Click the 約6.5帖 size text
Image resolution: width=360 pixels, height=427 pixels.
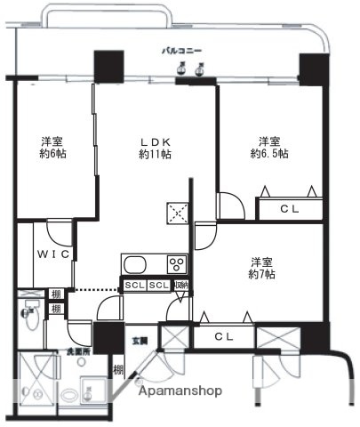pyautogui.click(x=269, y=155)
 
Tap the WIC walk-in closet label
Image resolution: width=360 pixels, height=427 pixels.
pyautogui.click(x=52, y=254)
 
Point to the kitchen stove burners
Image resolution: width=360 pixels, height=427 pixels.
pyautogui.click(x=176, y=263)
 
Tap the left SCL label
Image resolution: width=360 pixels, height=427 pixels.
pyautogui.click(x=134, y=286)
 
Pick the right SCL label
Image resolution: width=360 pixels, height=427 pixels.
pyautogui.click(x=157, y=286)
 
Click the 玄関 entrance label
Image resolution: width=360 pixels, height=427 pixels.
pyautogui.click(x=141, y=341)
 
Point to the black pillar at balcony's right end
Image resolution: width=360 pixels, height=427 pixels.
pyautogui.click(x=312, y=69)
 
